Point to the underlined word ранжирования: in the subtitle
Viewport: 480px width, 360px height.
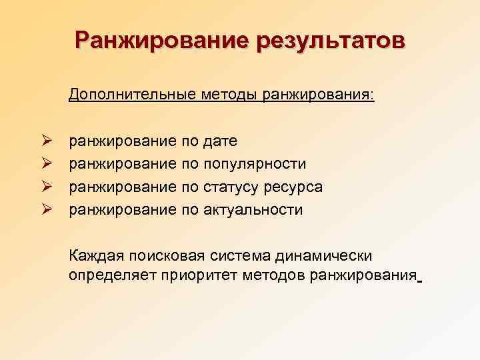(319, 95)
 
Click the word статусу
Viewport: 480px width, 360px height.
(232, 187)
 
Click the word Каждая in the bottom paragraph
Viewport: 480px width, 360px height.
(96, 256)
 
